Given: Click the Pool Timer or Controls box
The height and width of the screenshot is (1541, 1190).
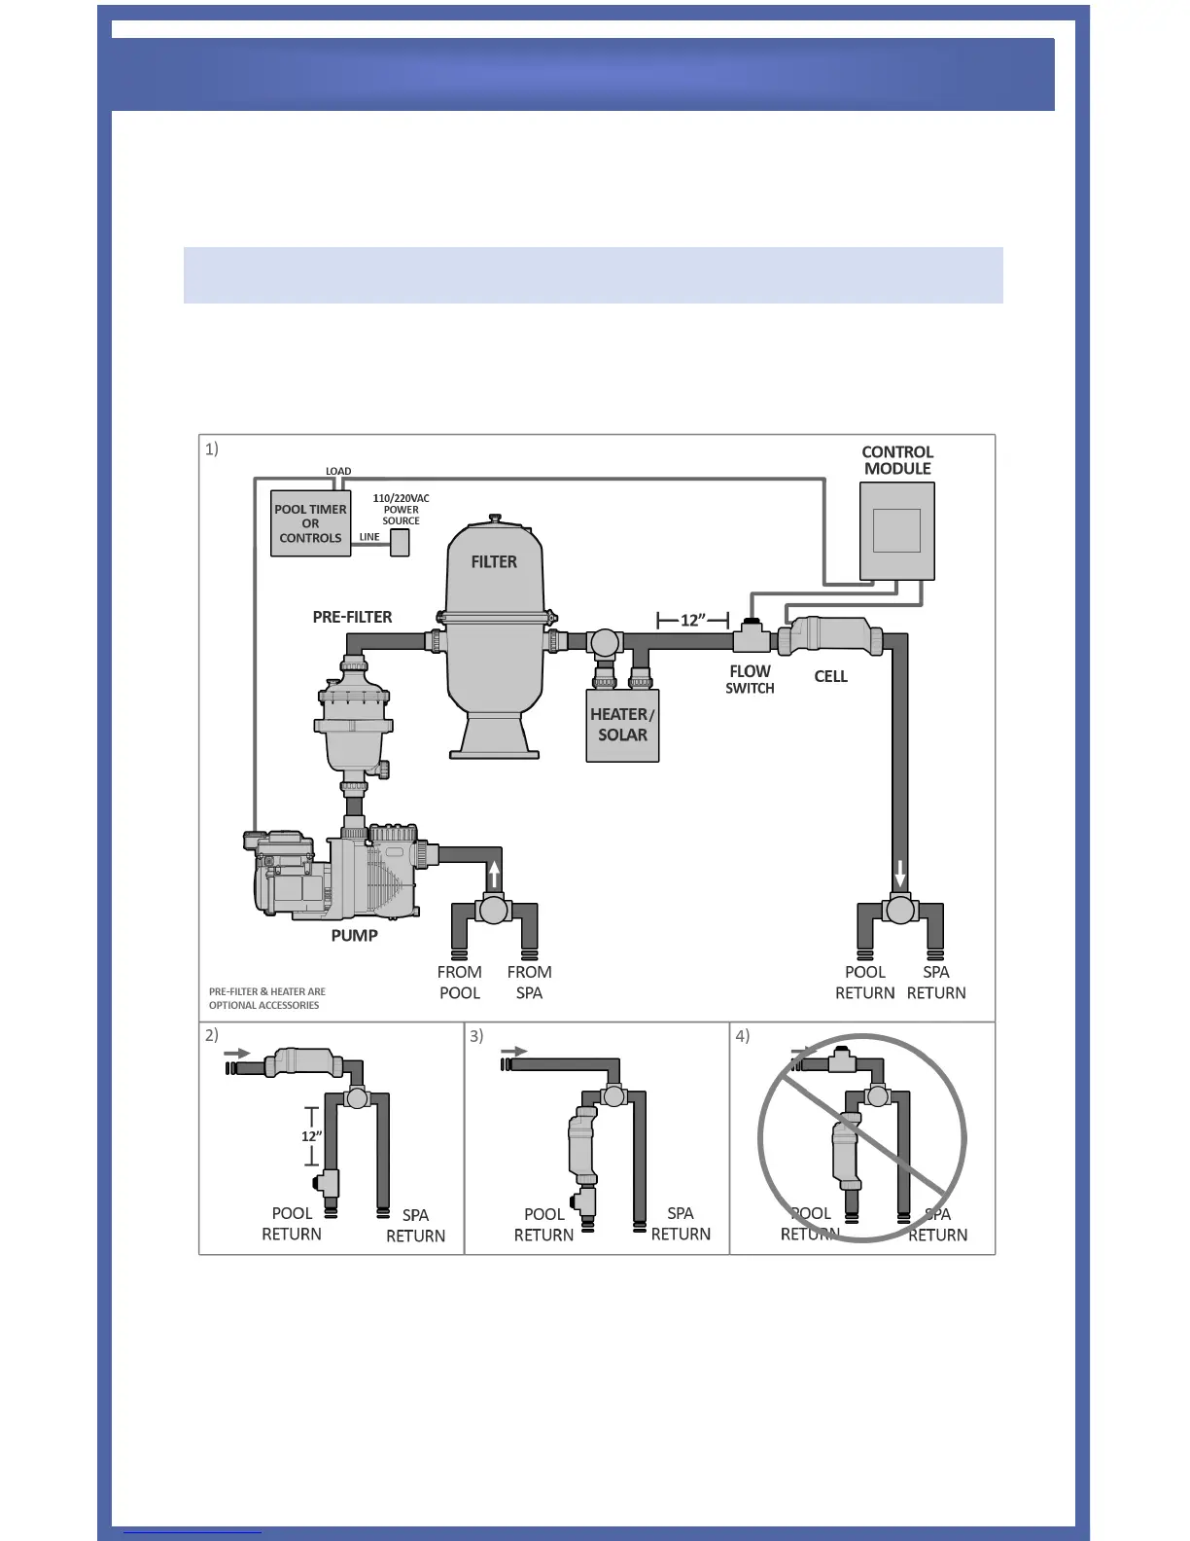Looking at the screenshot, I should click(310, 523).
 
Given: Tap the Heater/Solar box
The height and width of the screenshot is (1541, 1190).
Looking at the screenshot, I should click(622, 725).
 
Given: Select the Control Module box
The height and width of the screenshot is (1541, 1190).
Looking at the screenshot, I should click(897, 530).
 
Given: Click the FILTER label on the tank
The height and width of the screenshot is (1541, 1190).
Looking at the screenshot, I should click(494, 562).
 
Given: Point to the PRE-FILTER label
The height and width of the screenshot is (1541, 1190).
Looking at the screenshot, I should click(352, 617).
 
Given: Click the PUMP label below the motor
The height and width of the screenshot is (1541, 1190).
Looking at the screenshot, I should click(354, 936).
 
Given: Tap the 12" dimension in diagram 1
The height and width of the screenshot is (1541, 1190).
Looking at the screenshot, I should click(692, 620).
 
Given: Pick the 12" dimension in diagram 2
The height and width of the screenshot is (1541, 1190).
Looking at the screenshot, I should click(311, 1136).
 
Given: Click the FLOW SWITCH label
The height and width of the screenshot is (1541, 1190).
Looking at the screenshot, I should click(750, 679).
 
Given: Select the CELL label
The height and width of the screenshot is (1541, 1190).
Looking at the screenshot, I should click(830, 676).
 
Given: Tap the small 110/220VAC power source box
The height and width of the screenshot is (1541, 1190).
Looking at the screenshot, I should click(400, 542).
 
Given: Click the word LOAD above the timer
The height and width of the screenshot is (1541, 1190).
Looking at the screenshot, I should click(338, 471).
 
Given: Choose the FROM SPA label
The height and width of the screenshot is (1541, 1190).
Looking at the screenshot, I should click(529, 983).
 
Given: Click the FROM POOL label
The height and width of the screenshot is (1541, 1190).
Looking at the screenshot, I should click(460, 983).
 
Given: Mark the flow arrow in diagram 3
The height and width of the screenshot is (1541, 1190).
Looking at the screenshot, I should click(514, 1052).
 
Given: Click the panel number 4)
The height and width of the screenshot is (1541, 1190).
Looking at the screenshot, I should click(742, 1036).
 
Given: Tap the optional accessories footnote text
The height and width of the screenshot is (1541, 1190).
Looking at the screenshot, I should click(266, 998).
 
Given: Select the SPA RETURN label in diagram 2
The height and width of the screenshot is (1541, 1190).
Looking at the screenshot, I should click(415, 1226).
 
